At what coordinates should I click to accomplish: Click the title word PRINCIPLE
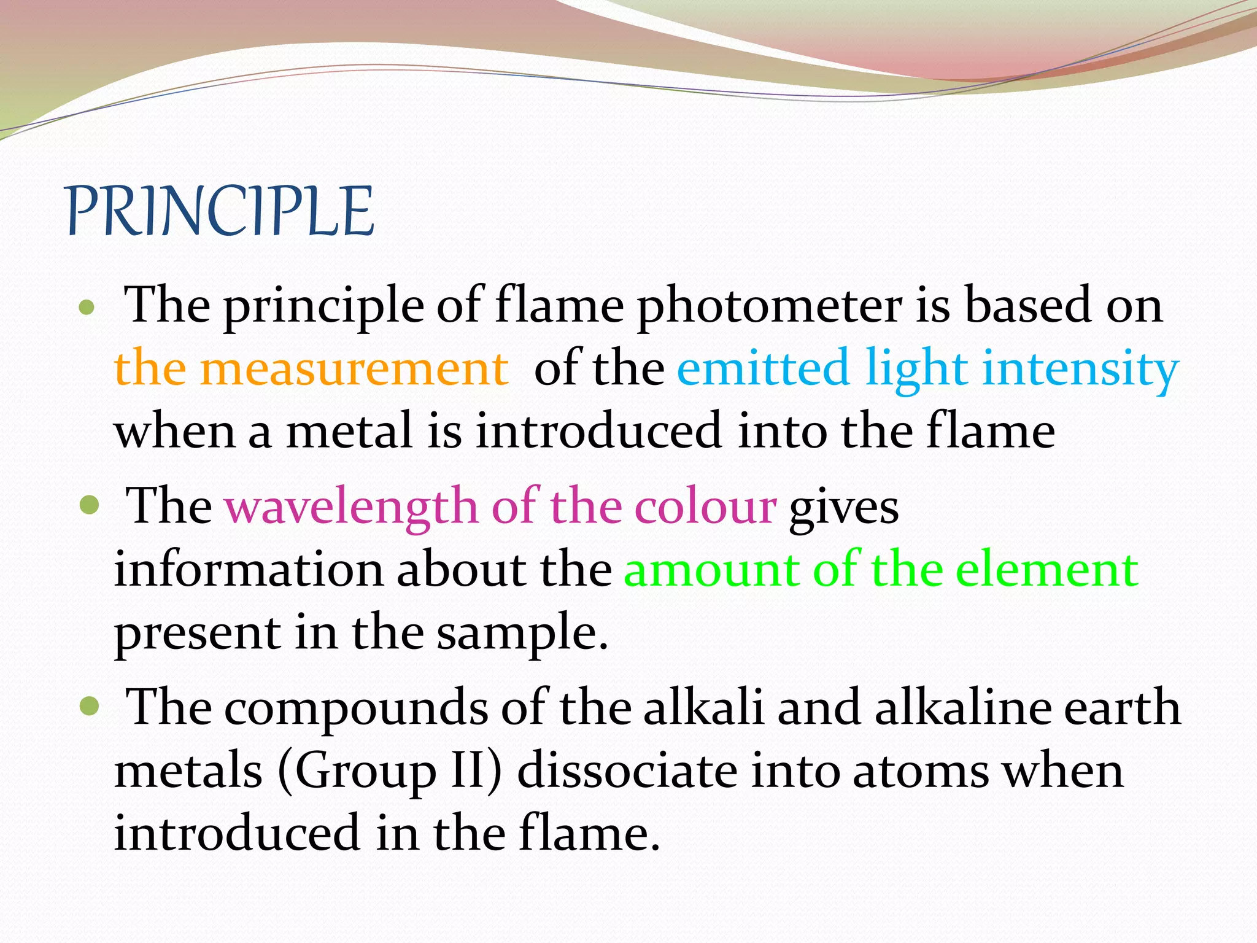[219, 212]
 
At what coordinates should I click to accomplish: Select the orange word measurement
[354, 368]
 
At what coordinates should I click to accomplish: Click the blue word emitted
[763, 368]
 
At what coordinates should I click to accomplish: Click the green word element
[1047, 570]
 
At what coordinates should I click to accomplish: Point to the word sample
[522, 634]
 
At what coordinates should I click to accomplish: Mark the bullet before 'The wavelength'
[89, 506]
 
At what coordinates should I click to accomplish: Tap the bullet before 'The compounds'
[89, 706]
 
